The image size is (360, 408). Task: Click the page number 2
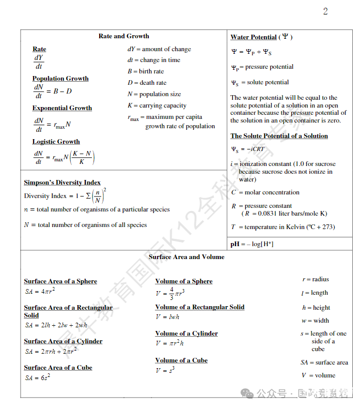[325, 11]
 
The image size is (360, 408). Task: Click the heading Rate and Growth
[123, 36]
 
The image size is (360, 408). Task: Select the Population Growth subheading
[60, 79]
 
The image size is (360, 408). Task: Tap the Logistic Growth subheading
[56, 142]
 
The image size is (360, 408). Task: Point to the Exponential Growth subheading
[62, 108]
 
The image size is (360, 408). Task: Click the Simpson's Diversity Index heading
[62, 183]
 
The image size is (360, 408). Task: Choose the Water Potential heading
[254, 37]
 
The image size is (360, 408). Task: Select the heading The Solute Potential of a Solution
[279, 136]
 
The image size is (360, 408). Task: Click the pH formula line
[252, 244]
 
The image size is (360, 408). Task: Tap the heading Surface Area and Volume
[186, 257]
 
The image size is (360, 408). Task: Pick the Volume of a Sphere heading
[184, 281]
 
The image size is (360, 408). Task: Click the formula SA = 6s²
[38, 377]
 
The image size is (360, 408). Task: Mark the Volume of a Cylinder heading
[186, 334]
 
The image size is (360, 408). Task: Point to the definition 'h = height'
[316, 308]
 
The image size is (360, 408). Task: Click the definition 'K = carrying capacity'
[157, 105]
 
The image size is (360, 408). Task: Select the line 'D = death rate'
[147, 83]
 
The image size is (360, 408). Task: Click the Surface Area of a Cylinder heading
[63, 341]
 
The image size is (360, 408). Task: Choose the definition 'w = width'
[315, 321]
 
